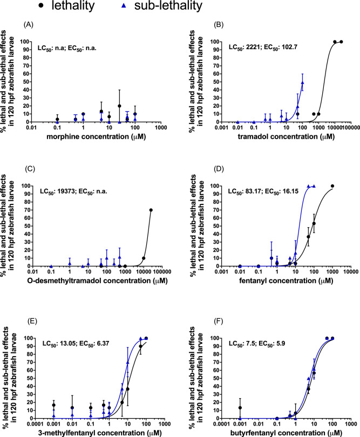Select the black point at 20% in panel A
[119, 106]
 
